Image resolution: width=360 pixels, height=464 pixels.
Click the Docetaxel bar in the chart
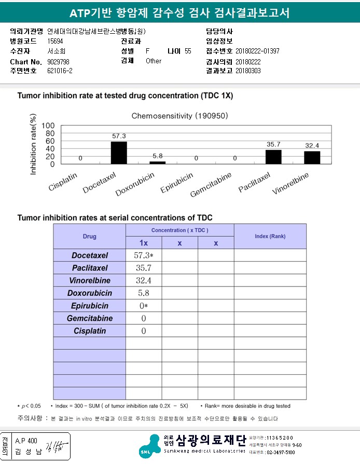pos(119,153)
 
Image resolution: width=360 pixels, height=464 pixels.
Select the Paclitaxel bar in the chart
pos(273,157)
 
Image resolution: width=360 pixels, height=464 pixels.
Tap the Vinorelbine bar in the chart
pos(312,157)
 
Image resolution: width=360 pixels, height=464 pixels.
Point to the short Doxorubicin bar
pos(158,162)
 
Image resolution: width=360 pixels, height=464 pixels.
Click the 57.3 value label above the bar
pos(119,136)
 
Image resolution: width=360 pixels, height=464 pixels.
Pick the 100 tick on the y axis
pos(48,126)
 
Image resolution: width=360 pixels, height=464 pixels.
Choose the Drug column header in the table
pos(89,237)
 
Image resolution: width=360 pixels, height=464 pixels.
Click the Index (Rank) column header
pos(270,237)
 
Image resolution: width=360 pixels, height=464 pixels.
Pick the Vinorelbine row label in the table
pos(90,281)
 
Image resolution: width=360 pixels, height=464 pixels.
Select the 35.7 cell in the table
pos(144,268)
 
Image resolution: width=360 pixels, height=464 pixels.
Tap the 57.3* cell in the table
pos(144,255)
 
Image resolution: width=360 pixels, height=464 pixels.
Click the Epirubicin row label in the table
pos(90,306)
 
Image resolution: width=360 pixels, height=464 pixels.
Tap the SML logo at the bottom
pos(152,446)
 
